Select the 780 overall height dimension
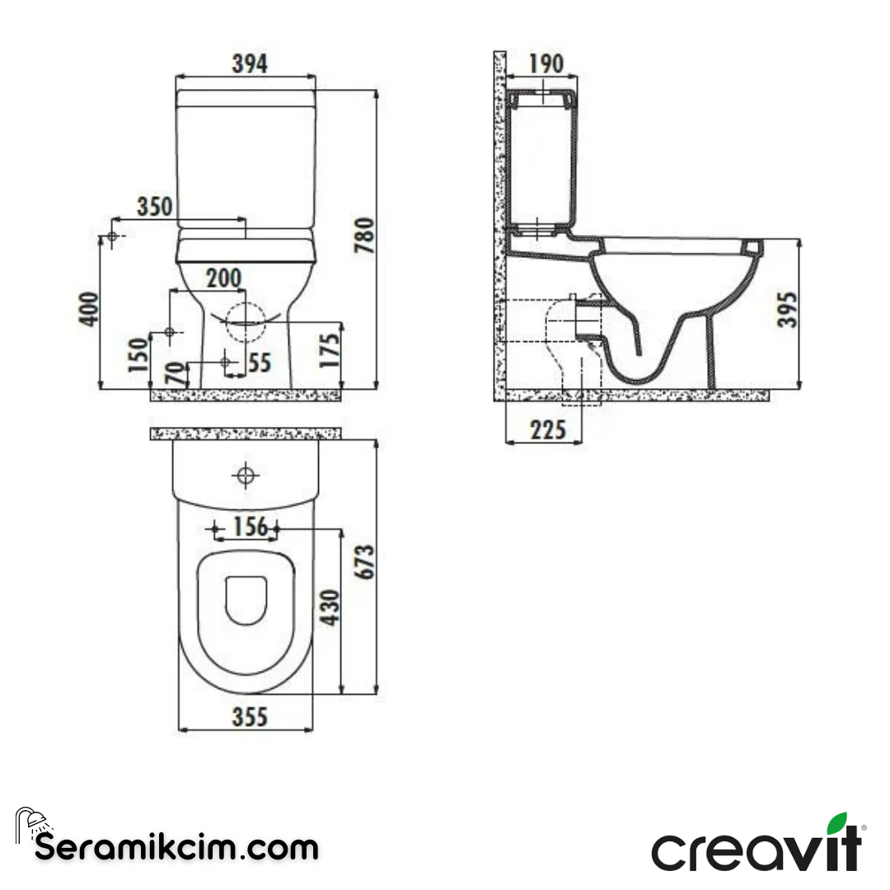click(364, 234)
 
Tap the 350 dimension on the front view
click(155, 207)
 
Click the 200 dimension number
click(224, 279)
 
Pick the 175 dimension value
click(330, 349)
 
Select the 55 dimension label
click(259, 363)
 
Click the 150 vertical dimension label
click(138, 355)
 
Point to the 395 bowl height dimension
click(789, 309)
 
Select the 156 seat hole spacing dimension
click(251, 526)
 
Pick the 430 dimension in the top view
click(329, 607)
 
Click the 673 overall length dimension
click(364, 562)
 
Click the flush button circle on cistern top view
click(246, 475)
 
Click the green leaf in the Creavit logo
click(837, 823)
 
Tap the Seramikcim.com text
click(176, 846)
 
